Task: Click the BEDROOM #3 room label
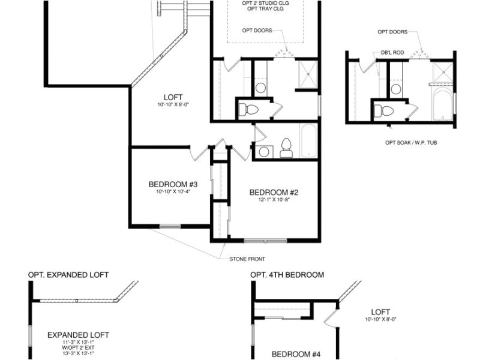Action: click(x=173, y=184)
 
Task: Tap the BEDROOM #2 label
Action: click(x=274, y=193)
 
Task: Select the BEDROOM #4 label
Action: click(x=296, y=354)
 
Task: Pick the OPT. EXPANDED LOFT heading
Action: click(x=68, y=275)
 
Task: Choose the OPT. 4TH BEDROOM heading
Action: click(x=287, y=275)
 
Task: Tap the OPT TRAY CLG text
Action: click(x=263, y=10)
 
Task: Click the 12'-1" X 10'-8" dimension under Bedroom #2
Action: click(x=274, y=200)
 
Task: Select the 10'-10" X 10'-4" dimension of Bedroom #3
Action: click(x=173, y=192)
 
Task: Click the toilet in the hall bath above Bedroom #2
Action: click(x=286, y=148)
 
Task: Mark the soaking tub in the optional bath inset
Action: click(x=442, y=103)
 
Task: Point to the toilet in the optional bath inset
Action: click(x=383, y=111)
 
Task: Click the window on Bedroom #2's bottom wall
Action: click(x=265, y=241)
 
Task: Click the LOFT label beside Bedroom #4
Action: click(x=380, y=312)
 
